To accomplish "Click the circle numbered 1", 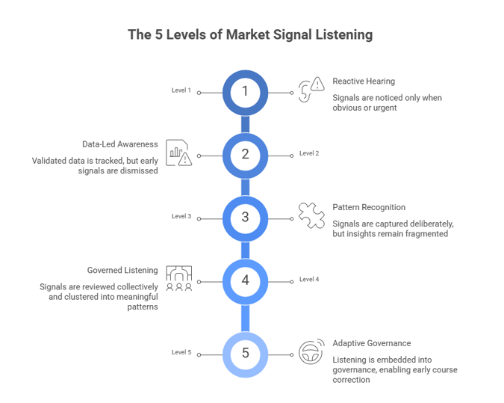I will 244,92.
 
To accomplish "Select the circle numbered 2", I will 244,155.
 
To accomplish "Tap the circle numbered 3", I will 244,218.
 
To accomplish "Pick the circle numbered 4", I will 244,281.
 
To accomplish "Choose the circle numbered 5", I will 244,352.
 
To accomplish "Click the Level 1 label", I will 181,91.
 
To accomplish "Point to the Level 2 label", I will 309,153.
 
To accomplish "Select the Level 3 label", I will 181,217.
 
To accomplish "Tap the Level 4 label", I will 309,280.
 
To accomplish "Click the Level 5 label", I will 181,351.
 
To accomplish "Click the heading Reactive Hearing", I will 364,80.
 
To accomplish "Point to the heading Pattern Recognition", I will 368,207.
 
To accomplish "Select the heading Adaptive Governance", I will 371,343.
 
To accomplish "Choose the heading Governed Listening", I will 121,270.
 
